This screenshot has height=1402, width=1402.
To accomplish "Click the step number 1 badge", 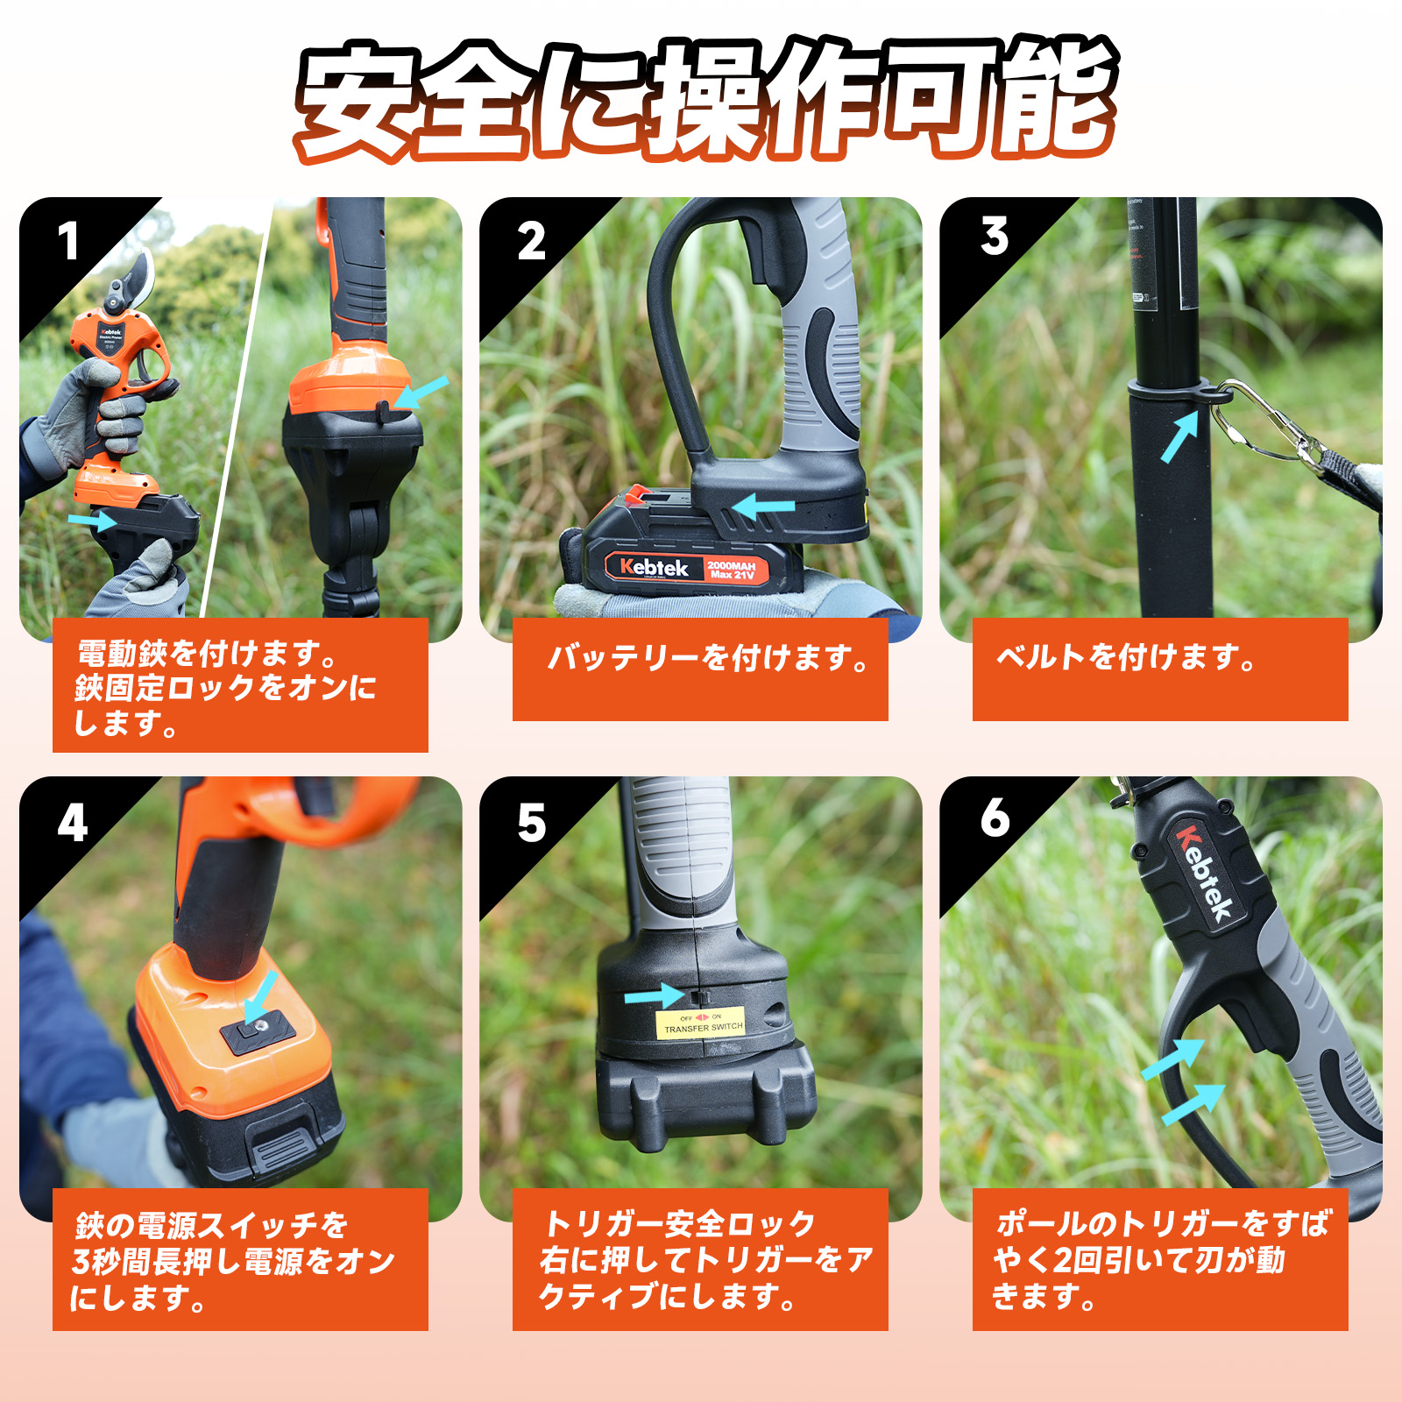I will pos(67,243).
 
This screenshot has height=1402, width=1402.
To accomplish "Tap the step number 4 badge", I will pos(72,824).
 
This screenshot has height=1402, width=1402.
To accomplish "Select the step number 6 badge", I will pos(995,818).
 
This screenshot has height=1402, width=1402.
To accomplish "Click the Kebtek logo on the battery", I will pos(654,568).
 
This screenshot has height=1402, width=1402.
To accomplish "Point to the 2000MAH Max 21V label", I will pos(732,570).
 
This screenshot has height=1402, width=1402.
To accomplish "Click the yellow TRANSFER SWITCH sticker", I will pos(701,1023).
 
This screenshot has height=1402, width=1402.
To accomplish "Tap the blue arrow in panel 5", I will pos(654,996).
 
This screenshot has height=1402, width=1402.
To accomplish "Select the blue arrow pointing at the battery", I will pos(762,506).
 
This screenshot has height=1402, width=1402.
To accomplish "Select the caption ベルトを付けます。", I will pos(1126,657).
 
